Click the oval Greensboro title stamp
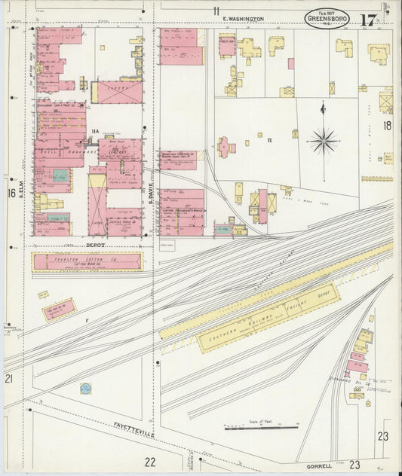[x=327, y=19]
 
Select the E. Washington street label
[x=243, y=18]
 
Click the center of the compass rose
[x=324, y=141]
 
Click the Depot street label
[x=94, y=245]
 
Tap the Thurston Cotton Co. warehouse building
[x=87, y=261]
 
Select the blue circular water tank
[x=86, y=389]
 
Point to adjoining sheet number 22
[x=150, y=462]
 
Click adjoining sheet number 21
[x=10, y=378]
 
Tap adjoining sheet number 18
[x=388, y=126]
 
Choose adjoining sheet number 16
[x=11, y=194]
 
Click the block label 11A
[x=95, y=133]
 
